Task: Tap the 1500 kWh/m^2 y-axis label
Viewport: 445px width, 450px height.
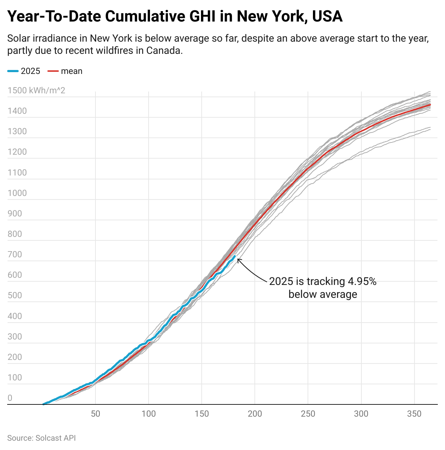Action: point(36,90)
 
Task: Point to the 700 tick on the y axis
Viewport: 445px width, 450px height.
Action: point(15,254)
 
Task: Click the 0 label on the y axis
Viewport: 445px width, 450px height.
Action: point(10,398)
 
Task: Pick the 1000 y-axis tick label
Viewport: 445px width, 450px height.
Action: point(17,193)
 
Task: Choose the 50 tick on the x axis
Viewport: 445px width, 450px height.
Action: point(95,414)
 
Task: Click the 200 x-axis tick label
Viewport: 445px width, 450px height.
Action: point(255,414)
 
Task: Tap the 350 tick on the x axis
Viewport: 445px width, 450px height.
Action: point(414,414)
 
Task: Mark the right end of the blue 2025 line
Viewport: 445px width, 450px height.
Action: point(235,256)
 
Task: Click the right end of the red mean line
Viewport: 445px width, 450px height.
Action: point(430,105)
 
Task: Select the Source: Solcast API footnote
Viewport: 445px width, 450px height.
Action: point(41,438)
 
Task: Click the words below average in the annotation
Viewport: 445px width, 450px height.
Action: point(323,295)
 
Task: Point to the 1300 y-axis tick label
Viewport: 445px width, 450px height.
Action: point(17,131)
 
